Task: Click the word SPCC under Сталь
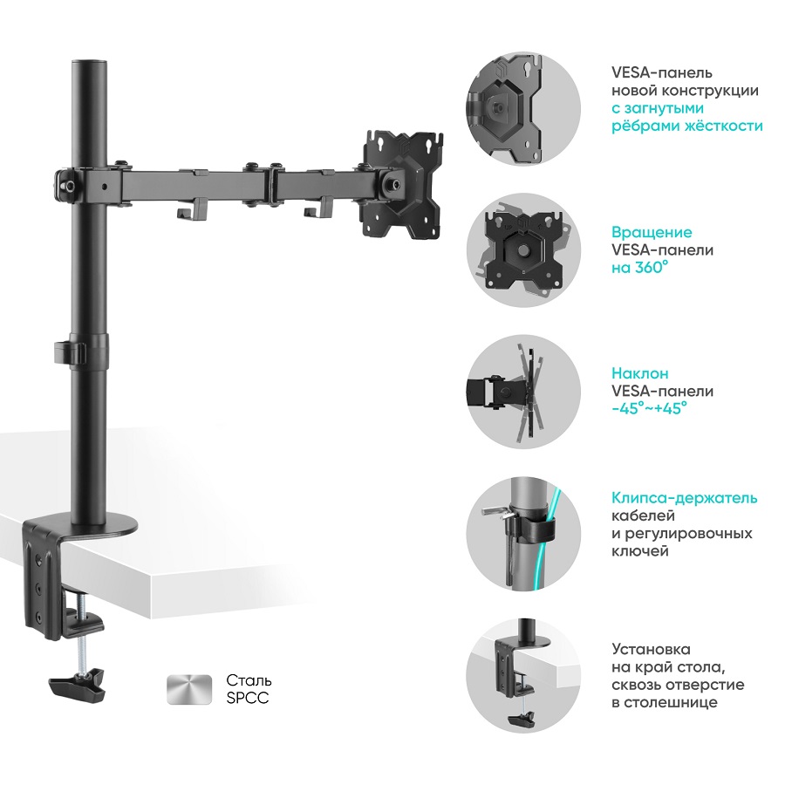[x=248, y=698]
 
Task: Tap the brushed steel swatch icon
[x=188, y=689]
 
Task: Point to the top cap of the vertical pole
[x=90, y=66]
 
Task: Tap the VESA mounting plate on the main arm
[x=403, y=184]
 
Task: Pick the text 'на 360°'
[x=640, y=268]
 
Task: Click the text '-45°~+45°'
[x=649, y=408]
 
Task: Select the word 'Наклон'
[x=640, y=373]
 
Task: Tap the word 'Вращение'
[x=652, y=232]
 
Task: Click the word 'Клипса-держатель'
[x=685, y=498]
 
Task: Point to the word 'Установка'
[x=652, y=649]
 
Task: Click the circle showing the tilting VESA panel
[x=523, y=392]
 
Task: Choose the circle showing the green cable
[x=523, y=534]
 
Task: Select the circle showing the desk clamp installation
[x=523, y=675]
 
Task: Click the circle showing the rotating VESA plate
[x=523, y=250]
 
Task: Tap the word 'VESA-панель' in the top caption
[x=662, y=72]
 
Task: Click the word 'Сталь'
[x=249, y=680]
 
